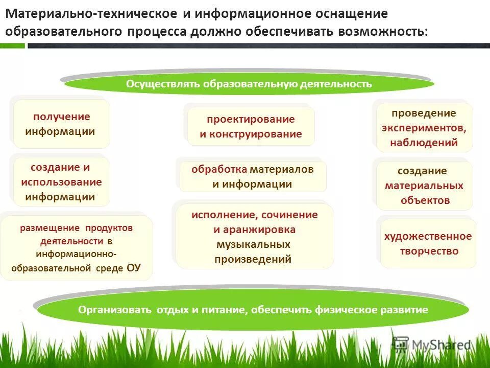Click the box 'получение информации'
pyautogui.click(x=61, y=124)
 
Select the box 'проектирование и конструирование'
pyautogui.click(x=251, y=127)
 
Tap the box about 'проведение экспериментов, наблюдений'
pyautogui.click(x=424, y=128)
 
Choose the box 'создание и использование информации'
pyautogui.click(x=61, y=181)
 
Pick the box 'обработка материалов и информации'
pyautogui.click(x=253, y=176)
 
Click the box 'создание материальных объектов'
pyautogui.click(x=424, y=186)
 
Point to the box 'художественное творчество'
pyautogui.click(x=428, y=243)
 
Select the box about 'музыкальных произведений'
pyautogui.click(x=254, y=237)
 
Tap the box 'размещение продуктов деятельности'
pyautogui.click(x=77, y=247)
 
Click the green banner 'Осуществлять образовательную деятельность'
pyautogui.click(x=249, y=84)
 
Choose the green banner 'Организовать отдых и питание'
pyautogui.click(x=253, y=310)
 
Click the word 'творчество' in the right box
pyautogui.click(x=429, y=251)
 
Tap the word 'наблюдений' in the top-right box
pyautogui.click(x=424, y=143)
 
